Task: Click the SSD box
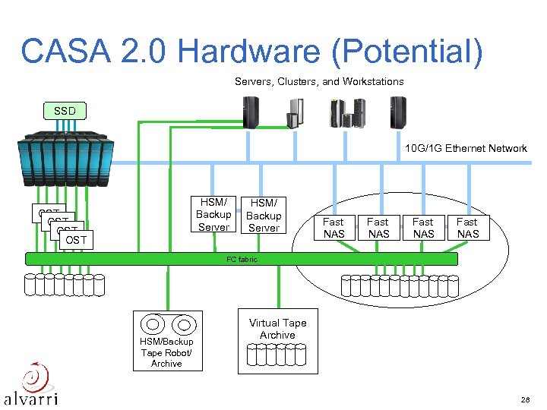[x=65, y=111]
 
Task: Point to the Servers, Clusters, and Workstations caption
[x=319, y=81]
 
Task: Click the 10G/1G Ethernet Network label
[x=466, y=148]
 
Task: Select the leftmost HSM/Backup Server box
[x=213, y=215]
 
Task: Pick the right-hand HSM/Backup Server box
[x=264, y=216]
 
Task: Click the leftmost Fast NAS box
[x=334, y=228]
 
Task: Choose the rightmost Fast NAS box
[x=467, y=228]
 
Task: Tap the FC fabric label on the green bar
[x=242, y=260]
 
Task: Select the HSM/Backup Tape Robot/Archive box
[x=167, y=341]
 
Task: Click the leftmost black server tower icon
[x=249, y=112]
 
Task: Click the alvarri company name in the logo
[x=30, y=397]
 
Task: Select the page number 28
[x=524, y=399]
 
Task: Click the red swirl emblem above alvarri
[x=34, y=375]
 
